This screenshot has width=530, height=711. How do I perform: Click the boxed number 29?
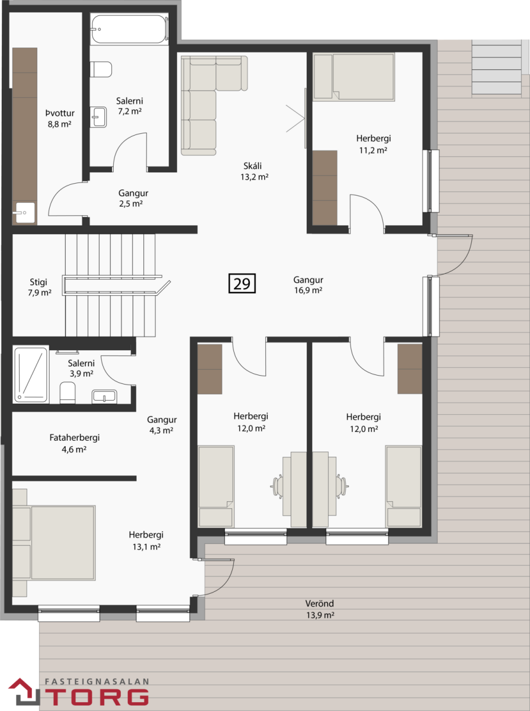[242, 283]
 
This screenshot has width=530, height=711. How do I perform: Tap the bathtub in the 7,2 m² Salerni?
[129, 28]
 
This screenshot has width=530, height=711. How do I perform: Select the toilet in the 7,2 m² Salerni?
[101, 69]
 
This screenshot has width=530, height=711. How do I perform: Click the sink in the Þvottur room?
[24, 213]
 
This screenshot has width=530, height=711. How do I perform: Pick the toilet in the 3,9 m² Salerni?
[68, 392]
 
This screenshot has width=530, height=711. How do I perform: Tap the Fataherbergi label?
[75, 438]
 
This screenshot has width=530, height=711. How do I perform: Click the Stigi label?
[38, 282]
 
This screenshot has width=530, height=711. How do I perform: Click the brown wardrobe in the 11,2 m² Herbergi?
[325, 188]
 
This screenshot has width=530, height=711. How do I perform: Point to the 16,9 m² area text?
[308, 290]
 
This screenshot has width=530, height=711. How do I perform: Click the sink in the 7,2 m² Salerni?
[98, 117]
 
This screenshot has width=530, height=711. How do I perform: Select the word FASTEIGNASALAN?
[97, 681]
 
